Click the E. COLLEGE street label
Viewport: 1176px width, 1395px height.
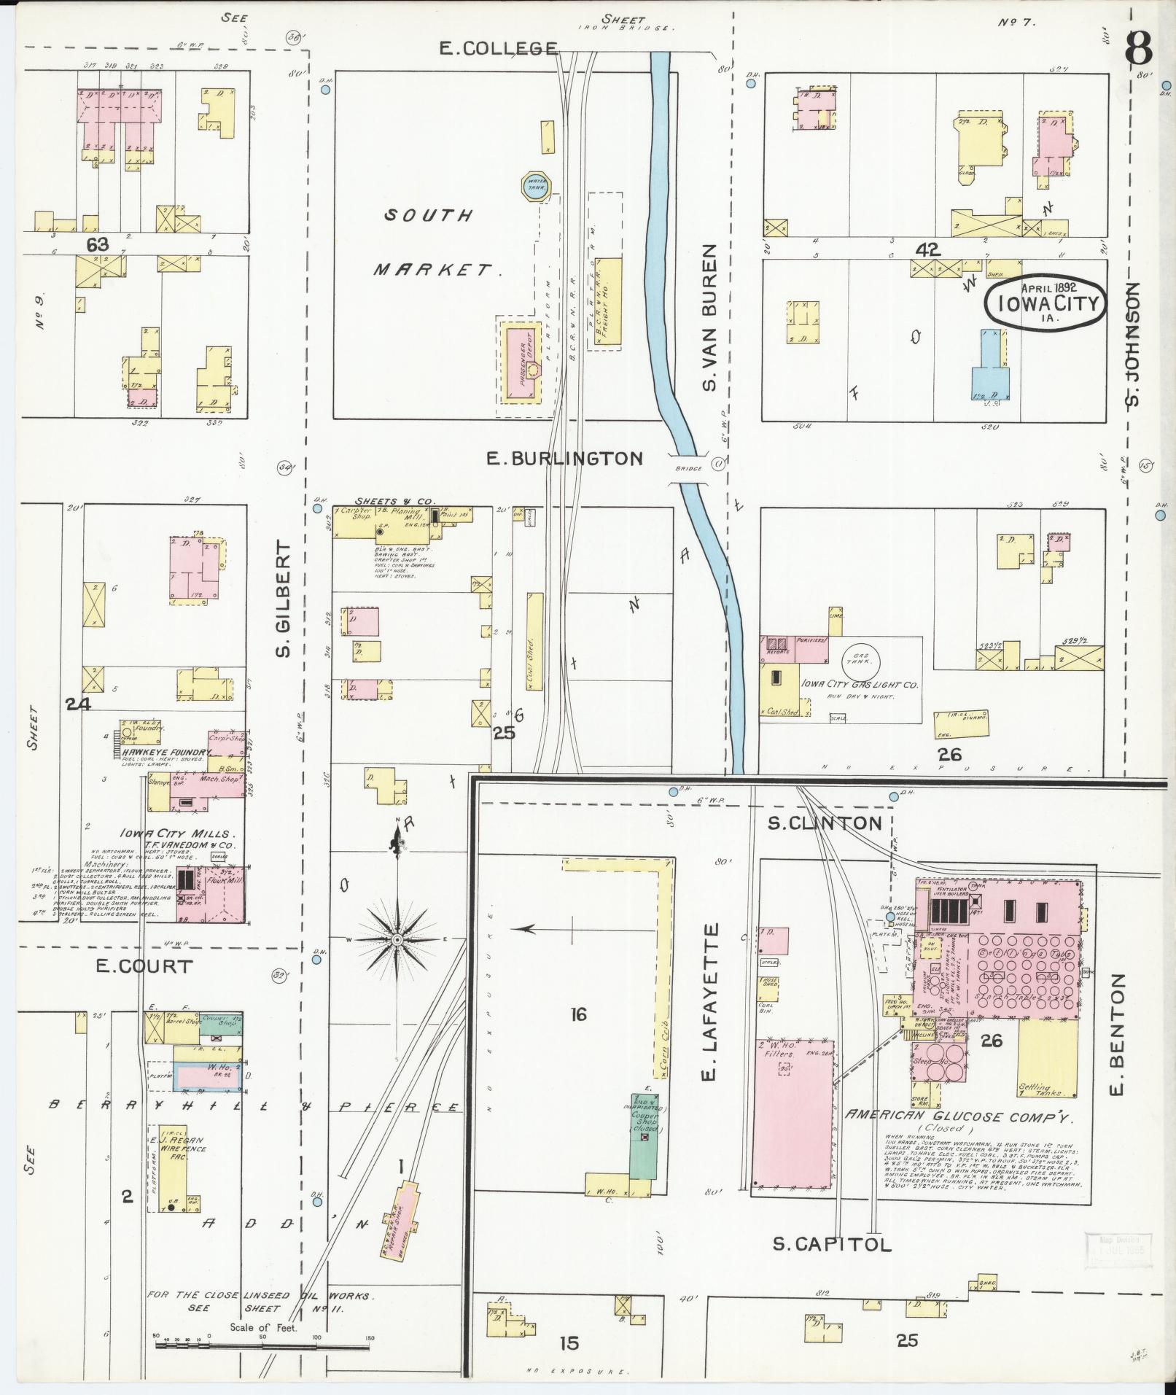499,48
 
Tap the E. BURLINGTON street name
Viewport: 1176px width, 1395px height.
564,458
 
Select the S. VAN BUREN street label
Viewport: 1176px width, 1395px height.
711,316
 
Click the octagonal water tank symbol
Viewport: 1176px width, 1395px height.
536,185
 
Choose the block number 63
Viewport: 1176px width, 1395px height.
98,244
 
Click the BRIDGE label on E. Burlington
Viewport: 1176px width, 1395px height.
686,469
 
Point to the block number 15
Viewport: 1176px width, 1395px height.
569,1342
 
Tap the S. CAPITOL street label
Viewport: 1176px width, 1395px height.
832,1244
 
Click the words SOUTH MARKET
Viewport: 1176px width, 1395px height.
432,243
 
